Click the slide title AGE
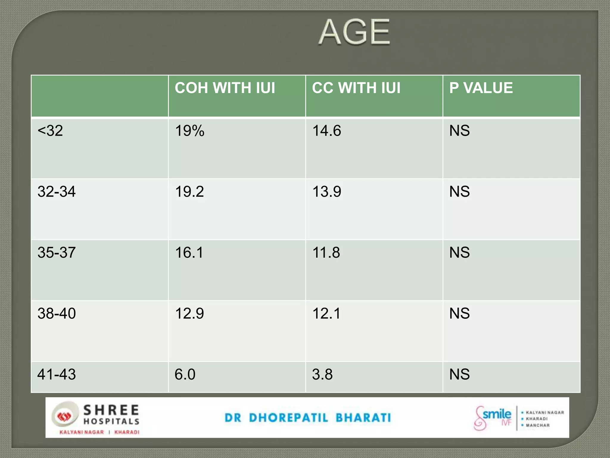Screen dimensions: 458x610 click(x=354, y=32)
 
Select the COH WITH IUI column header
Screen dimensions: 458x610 click(x=225, y=88)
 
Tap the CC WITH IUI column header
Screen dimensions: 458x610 click(x=356, y=88)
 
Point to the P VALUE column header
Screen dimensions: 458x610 click(x=481, y=88)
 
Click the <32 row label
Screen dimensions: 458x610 click(x=50, y=131)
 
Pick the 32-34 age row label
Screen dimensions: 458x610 click(x=57, y=191)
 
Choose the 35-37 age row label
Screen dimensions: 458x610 click(x=57, y=253)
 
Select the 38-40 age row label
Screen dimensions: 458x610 click(x=57, y=313)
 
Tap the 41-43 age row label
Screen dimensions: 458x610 click(x=57, y=374)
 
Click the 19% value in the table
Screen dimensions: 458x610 click(x=190, y=131)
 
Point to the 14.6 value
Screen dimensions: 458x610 click(x=327, y=131)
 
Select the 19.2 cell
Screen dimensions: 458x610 click(x=189, y=191)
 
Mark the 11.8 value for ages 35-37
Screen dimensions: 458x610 click(x=326, y=253)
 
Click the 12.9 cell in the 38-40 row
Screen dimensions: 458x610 click(x=189, y=313)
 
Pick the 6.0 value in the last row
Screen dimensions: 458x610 click(x=185, y=374)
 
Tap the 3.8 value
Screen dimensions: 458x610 click(x=322, y=374)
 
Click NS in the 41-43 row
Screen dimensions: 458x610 click(x=460, y=374)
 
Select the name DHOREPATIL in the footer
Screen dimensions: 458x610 click(x=288, y=418)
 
